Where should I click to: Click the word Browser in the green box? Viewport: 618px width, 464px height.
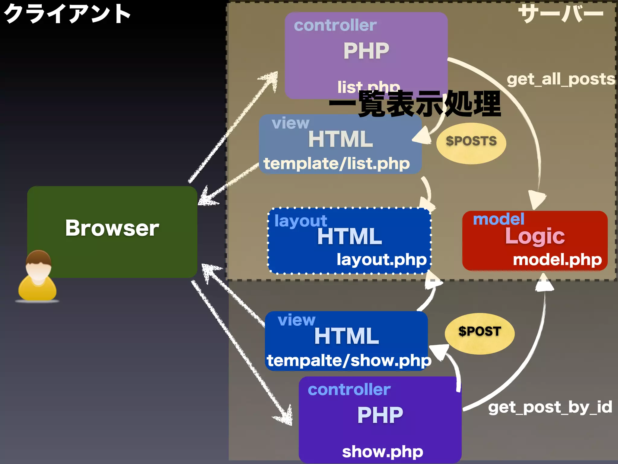(112, 228)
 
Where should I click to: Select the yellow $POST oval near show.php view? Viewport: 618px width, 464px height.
(479, 333)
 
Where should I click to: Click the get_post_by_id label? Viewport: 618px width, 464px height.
(550, 407)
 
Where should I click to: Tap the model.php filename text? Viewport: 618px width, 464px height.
(557, 259)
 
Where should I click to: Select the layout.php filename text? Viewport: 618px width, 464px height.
(381, 259)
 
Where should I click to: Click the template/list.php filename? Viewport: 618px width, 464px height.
(336, 164)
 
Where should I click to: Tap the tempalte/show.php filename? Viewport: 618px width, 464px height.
(349, 360)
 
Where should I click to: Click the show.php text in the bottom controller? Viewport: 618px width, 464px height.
(382, 452)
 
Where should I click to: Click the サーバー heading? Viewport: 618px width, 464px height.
(561, 14)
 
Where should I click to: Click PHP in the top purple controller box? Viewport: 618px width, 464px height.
(366, 51)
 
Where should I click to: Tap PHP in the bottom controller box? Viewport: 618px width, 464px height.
(380, 415)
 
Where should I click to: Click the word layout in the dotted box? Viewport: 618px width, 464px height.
(301, 221)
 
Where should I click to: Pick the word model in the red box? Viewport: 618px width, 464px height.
(499, 219)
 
